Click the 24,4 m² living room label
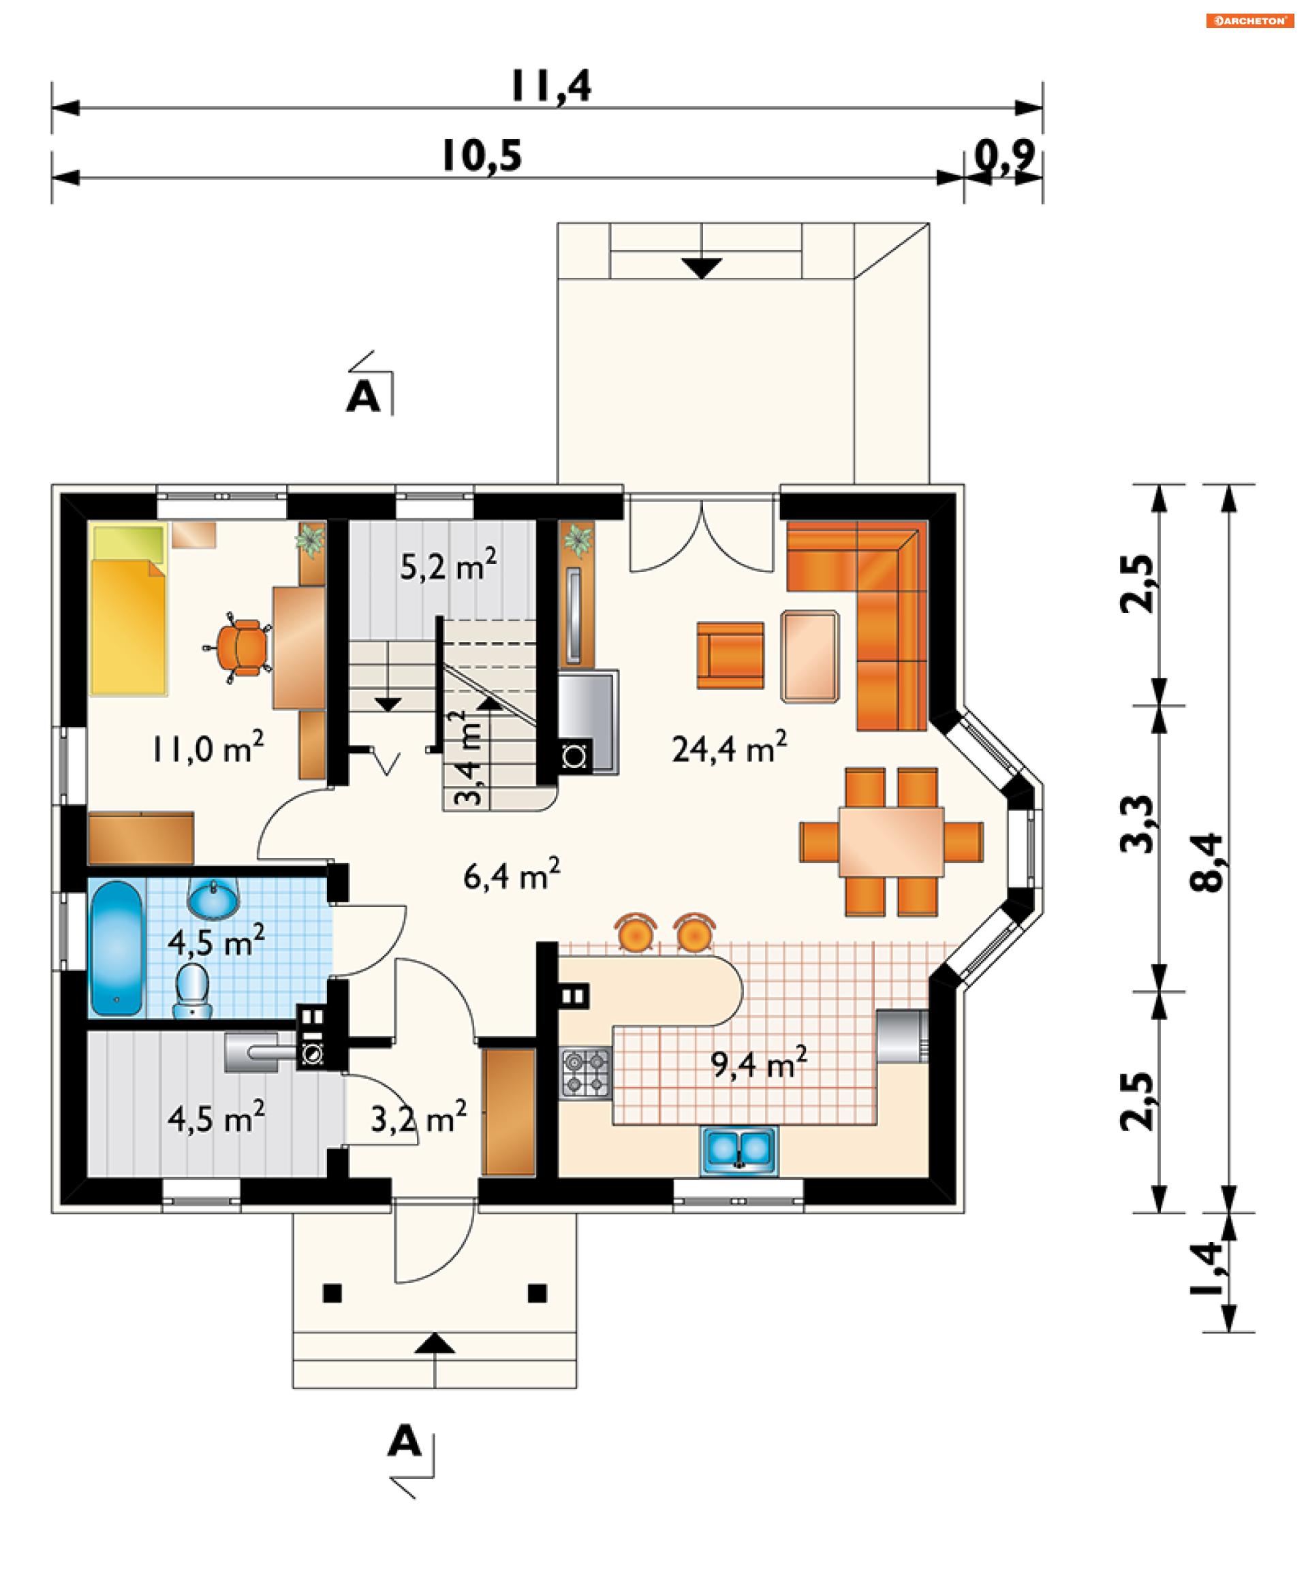(729, 748)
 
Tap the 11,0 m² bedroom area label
(208, 748)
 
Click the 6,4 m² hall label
(511, 875)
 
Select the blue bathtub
(116, 948)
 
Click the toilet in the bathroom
(192, 991)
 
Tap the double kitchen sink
(738, 1150)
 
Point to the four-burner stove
(586, 1072)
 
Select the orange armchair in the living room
(730, 655)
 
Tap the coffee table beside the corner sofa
(809, 656)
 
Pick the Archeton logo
(1249, 20)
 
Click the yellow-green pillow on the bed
(129, 543)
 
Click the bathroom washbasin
(213, 899)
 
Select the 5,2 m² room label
(448, 566)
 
